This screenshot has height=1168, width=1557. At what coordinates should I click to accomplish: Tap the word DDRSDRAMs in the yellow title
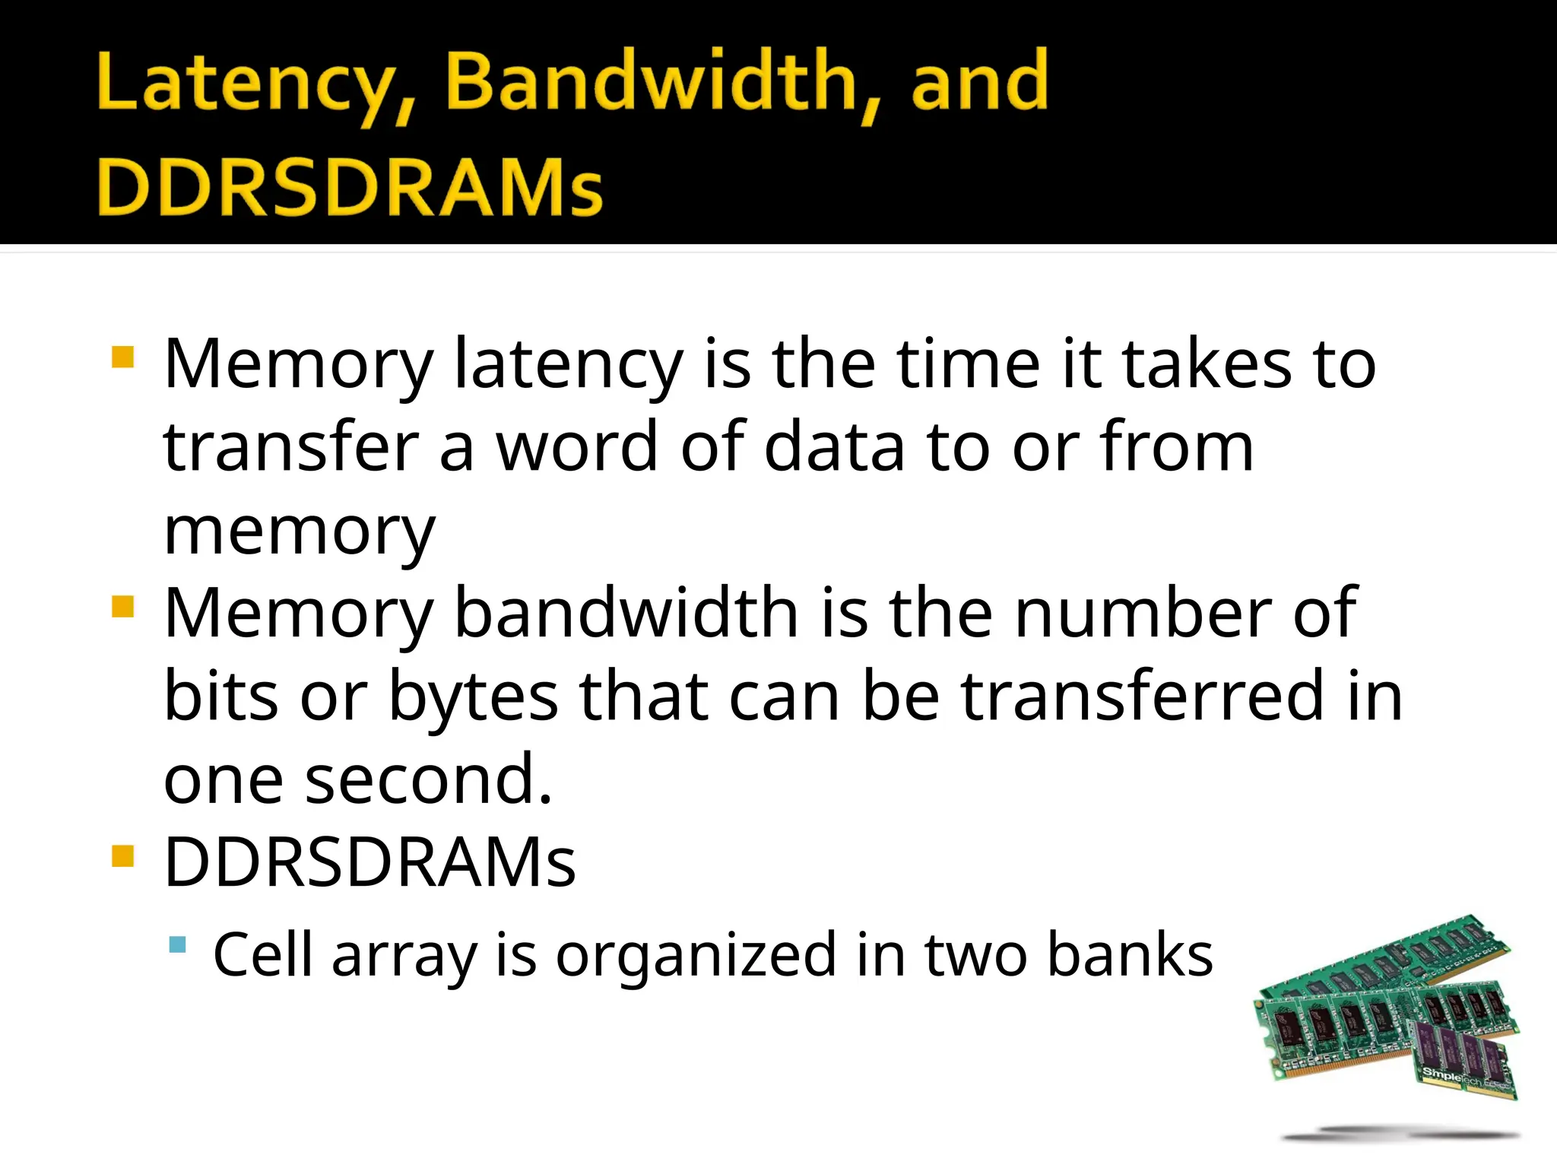[x=350, y=187]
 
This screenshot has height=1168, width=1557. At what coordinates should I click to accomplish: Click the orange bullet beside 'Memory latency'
[x=122, y=357]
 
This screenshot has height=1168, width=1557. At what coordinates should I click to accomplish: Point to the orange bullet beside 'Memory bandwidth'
[x=122, y=606]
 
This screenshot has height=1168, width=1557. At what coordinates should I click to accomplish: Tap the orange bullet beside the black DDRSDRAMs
[x=122, y=856]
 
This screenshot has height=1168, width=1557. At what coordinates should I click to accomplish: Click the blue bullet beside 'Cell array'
[x=178, y=945]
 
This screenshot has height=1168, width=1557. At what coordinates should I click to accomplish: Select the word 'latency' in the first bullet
[x=568, y=365]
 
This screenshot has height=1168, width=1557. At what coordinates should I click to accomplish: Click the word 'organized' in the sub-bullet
[x=696, y=956]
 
